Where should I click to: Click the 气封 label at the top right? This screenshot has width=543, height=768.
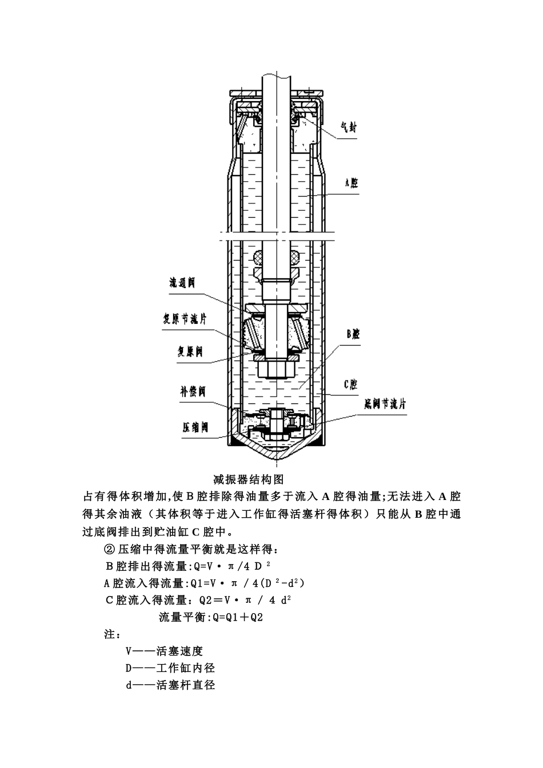[348, 129]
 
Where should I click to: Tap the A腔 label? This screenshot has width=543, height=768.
[351, 183]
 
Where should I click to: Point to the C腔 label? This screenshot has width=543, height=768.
[350, 385]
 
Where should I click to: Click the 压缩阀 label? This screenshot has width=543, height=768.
[194, 427]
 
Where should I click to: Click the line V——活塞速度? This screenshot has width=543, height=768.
[165, 651]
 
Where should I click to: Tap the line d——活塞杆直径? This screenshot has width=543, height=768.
[170, 685]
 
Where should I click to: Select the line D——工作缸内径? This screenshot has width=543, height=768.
[170, 667]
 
